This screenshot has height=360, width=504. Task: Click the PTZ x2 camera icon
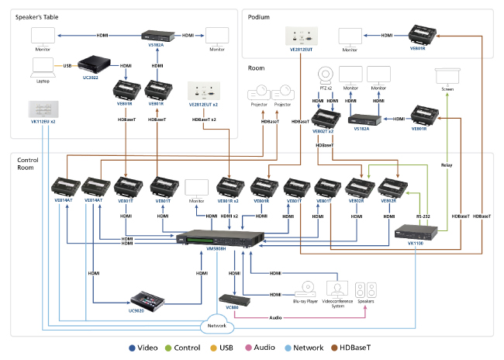point(324,75)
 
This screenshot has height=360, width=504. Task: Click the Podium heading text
point(258,16)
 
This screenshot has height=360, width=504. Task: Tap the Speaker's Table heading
point(37,16)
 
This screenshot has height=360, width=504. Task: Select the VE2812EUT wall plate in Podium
point(301,36)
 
